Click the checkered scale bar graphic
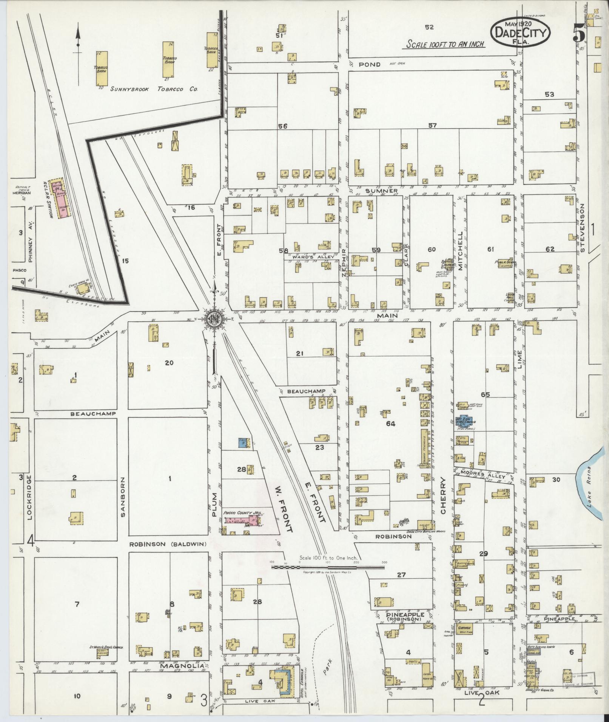(328, 567)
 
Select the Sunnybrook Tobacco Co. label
(154, 89)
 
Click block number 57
(432, 125)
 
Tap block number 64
(390, 423)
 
